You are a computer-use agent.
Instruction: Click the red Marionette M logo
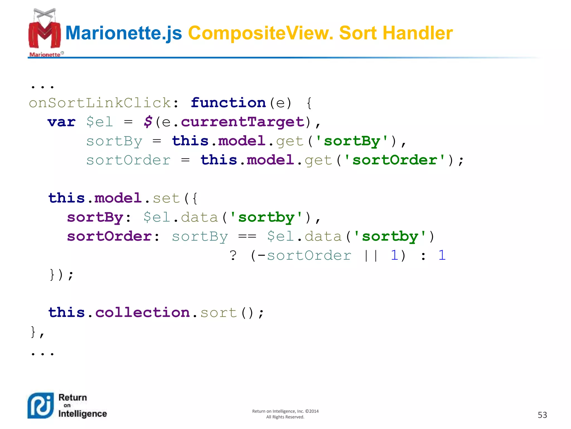pos(45,34)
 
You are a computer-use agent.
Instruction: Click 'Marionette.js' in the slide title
pos(124,33)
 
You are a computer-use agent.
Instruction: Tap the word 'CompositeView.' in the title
pos(261,33)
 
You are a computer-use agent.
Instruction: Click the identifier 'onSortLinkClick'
pos(100,103)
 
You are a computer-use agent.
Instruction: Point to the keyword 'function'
pos(228,103)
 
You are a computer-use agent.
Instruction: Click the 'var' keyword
pos(62,122)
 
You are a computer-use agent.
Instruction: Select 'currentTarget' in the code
pos(243,122)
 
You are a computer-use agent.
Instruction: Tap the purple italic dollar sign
pos(148,122)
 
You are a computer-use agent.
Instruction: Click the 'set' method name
pos(166,198)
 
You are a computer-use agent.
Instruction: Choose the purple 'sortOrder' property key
pos(109,236)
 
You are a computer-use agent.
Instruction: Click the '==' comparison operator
pos(247,236)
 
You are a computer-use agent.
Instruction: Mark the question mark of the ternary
pos(233,255)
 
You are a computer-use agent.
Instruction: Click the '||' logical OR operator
pos(371,255)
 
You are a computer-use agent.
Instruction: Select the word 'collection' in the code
pos(142,313)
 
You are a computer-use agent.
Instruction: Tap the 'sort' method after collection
pos(219,313)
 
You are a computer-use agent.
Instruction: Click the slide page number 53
pos(542,415)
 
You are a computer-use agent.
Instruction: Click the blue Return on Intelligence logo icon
pos(41,406)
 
